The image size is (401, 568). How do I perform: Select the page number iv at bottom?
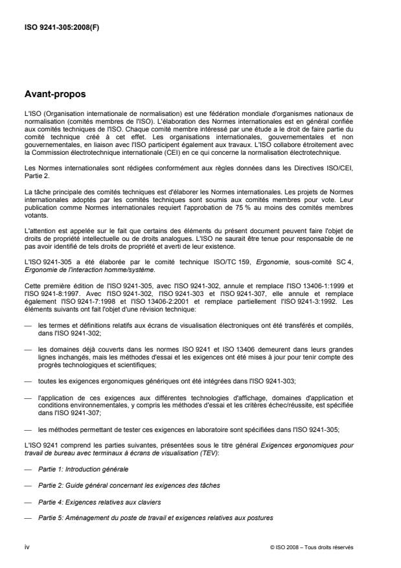click(x=28, y=547)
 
